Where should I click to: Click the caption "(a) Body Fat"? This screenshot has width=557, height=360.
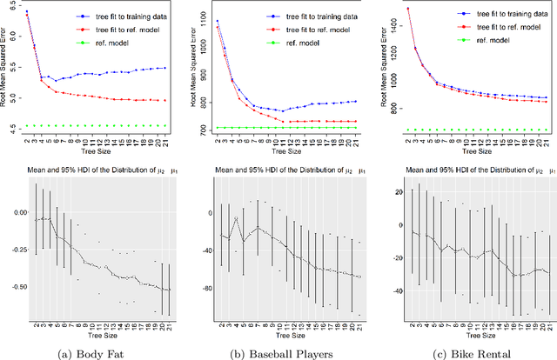pos(96,352)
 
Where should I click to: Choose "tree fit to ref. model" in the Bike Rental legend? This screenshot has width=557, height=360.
pos(502,28)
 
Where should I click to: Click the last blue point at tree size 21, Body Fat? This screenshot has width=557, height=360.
pos(165,68)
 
